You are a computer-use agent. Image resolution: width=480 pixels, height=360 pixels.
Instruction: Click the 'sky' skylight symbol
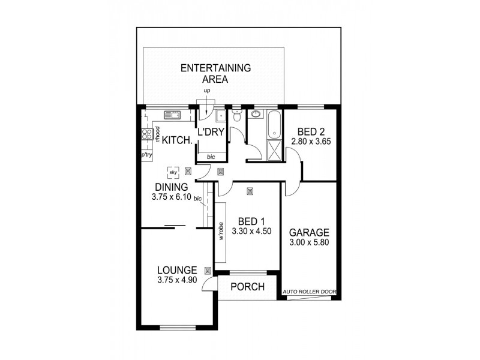[173, 172]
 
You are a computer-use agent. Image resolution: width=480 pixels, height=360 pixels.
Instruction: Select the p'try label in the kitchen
[146, 155]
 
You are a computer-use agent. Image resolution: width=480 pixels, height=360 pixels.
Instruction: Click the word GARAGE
[309, 233]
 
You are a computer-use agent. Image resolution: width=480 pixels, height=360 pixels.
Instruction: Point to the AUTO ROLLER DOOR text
[311, 293]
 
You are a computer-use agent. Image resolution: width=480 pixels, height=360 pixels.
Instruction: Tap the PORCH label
[248, 287]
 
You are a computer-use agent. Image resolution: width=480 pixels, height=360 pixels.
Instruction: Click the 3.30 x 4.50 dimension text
[248, 229]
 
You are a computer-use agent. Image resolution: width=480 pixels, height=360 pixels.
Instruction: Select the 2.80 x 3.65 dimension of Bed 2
[311, 142]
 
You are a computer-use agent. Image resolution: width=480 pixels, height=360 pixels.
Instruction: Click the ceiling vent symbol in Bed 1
[250, 191]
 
